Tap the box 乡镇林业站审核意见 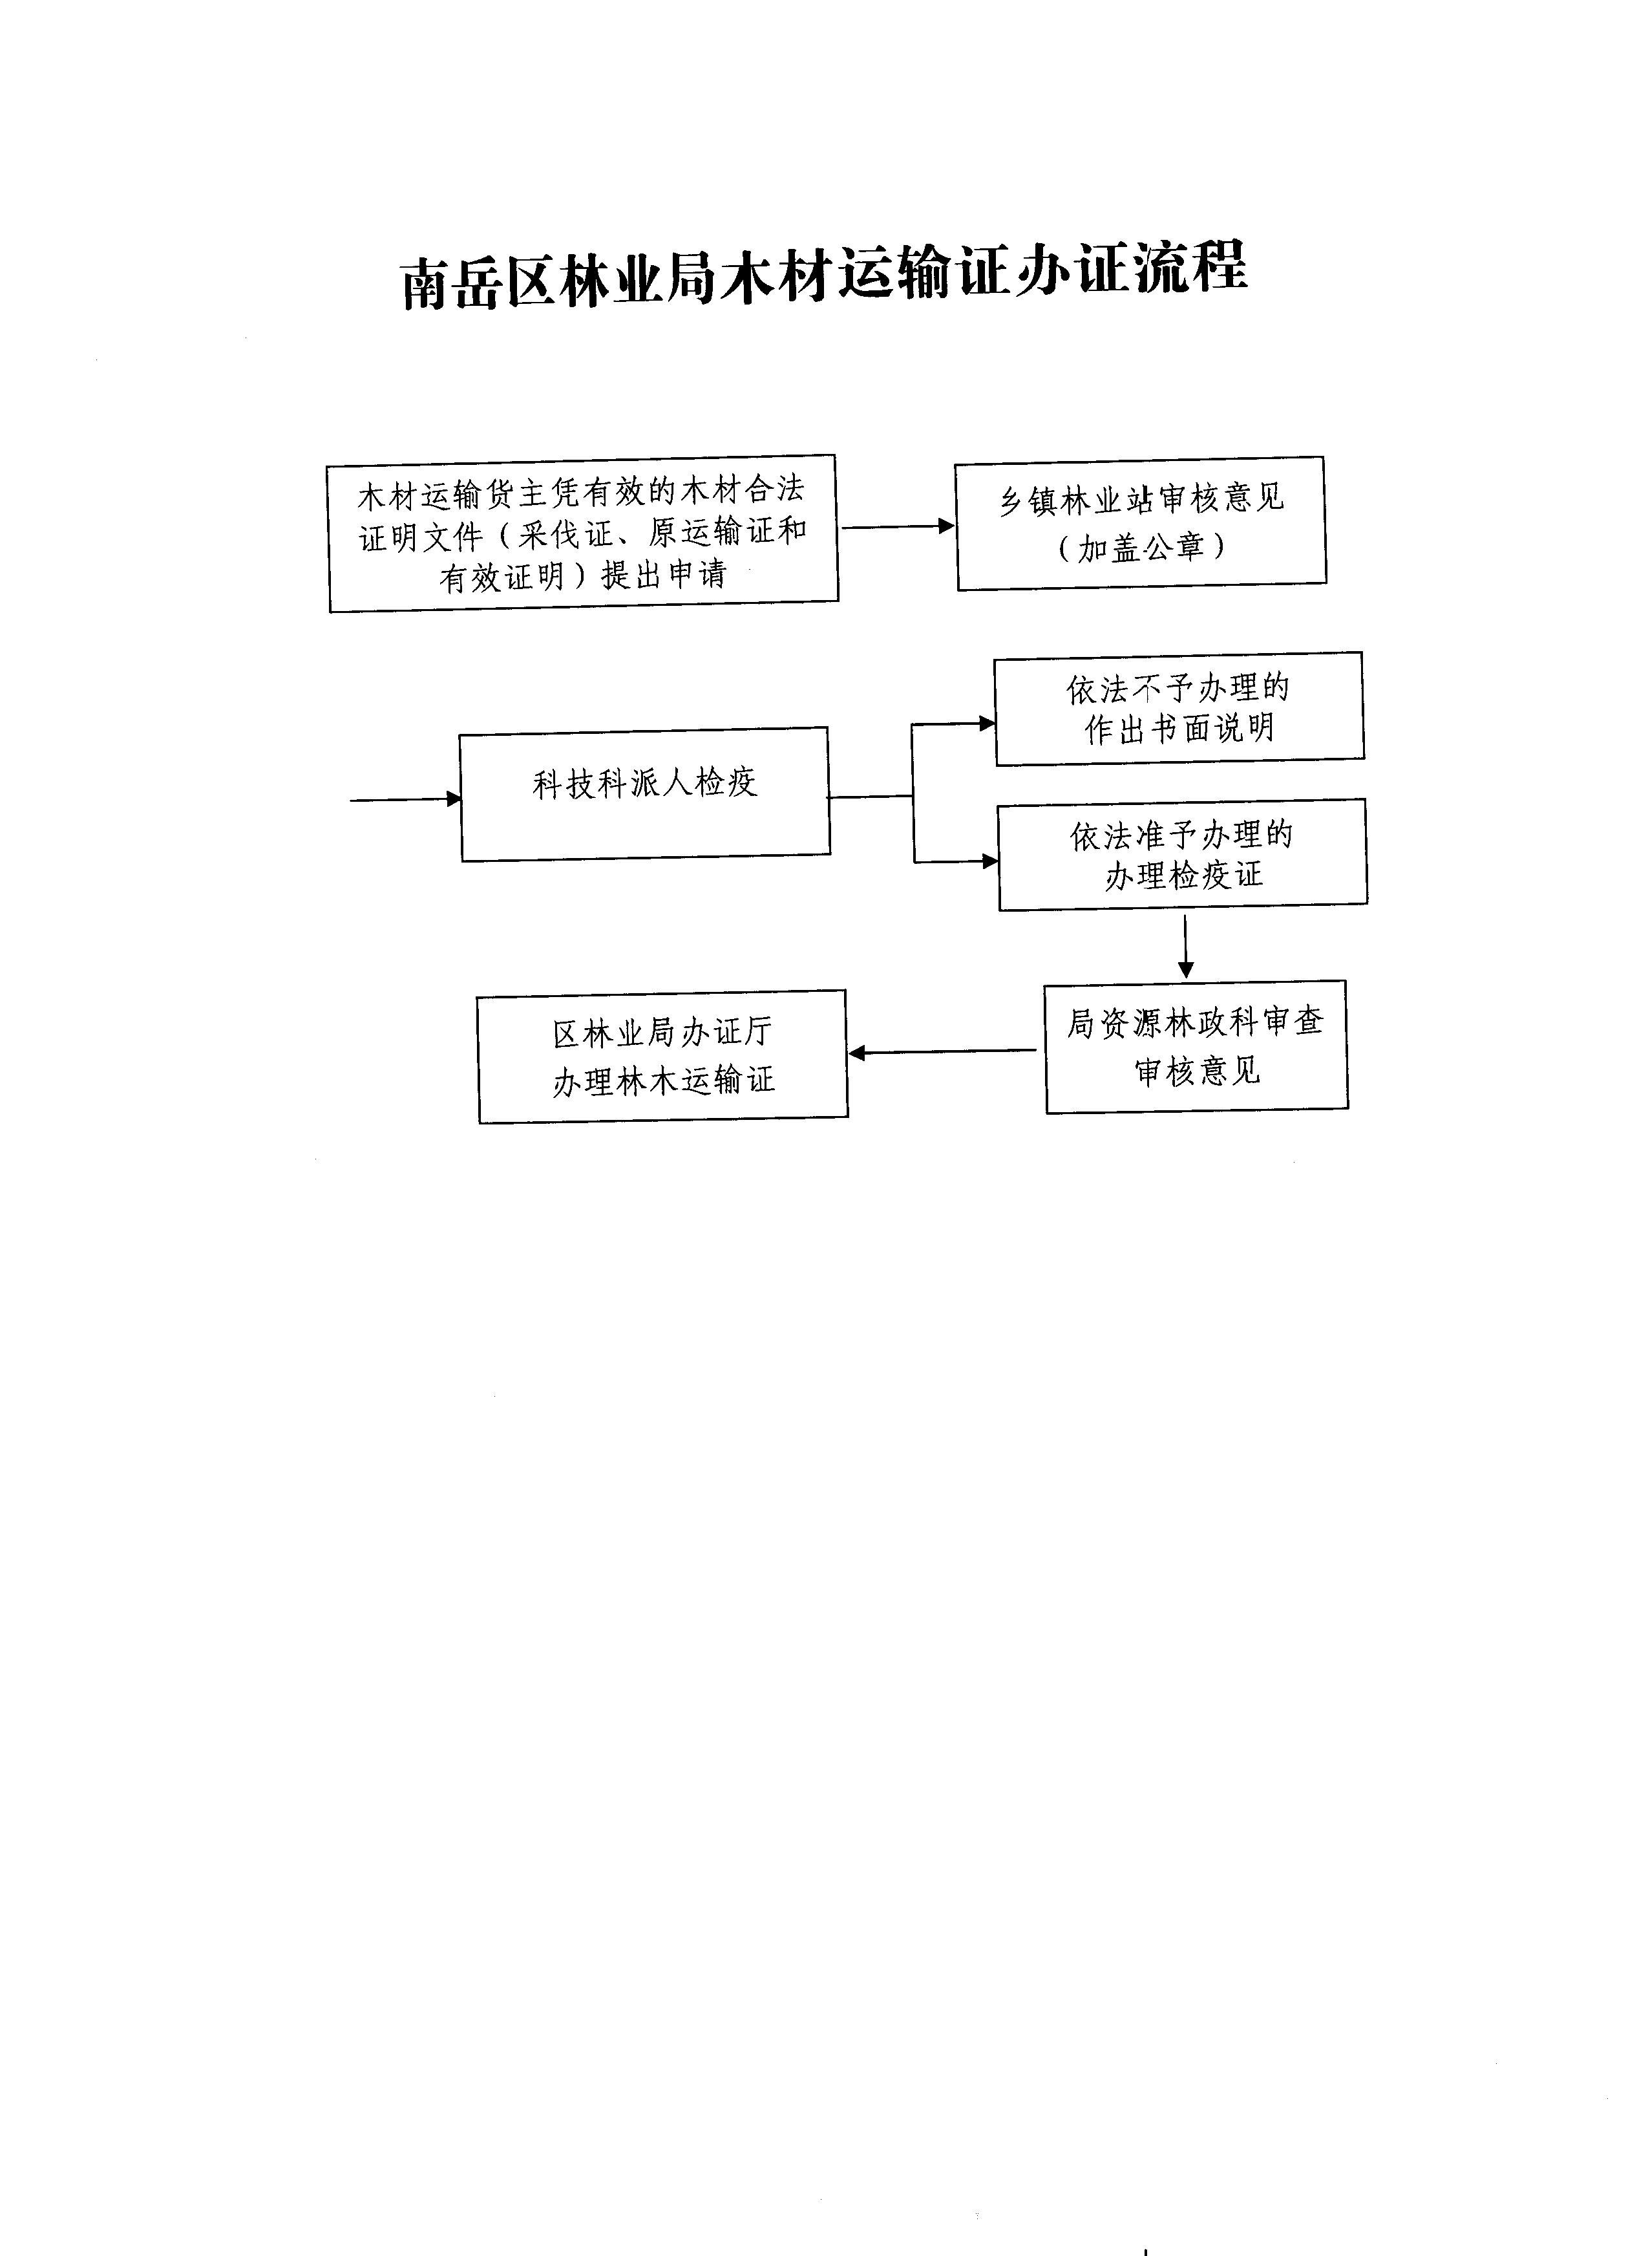1140,523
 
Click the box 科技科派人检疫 644,793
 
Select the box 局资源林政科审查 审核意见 1196,1047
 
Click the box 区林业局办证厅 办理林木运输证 662,1057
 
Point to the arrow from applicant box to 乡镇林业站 898,526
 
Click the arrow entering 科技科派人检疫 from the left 406,799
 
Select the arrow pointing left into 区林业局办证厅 942,1051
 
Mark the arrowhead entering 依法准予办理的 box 991,861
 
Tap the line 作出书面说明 1180,729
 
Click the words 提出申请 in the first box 663,575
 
